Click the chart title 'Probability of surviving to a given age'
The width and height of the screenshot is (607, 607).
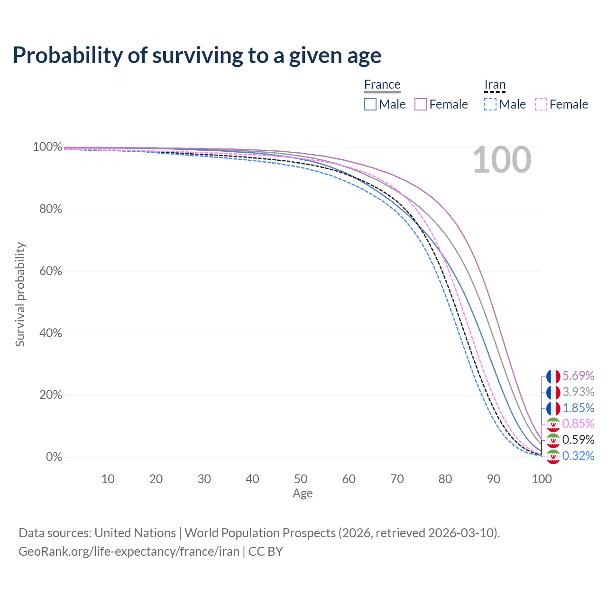coord(197,55)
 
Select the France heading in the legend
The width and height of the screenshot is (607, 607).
coord(382,84)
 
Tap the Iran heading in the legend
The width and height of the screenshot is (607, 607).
coord(495,84)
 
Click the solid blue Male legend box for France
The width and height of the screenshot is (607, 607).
coord(370,104)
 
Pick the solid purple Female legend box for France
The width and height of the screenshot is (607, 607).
coord(421,104)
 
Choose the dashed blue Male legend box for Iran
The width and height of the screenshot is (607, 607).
coord(490,104)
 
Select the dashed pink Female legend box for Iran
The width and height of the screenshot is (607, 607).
coord(541,104)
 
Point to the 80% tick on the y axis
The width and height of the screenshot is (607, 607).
coord(50,209)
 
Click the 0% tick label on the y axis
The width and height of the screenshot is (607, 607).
coord(54,456)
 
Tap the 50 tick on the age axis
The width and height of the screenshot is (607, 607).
coord(301,479)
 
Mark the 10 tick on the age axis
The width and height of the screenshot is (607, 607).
coord(108,479)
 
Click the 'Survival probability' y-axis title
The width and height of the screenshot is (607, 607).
coord(20,294)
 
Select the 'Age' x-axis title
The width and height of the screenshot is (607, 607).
coord(303,494)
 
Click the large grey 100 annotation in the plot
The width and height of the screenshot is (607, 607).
coord(502,160)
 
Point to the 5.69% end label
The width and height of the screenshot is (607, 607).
coord(579,376)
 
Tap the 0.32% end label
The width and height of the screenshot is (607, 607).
coord(579,456)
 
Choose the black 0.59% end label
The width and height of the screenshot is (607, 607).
coord(579,440)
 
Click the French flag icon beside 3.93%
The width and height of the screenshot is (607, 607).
coord(553,393)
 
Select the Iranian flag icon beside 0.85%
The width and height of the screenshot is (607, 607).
coord(553,424)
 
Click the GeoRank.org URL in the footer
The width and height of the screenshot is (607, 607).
coord(129,552)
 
